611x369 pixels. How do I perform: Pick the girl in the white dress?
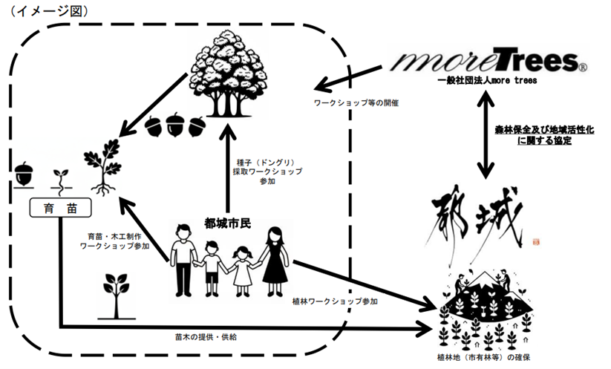pos(241,272)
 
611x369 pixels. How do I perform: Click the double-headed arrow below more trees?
pos(486,137)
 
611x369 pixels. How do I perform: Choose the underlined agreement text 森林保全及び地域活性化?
pos(539,128)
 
